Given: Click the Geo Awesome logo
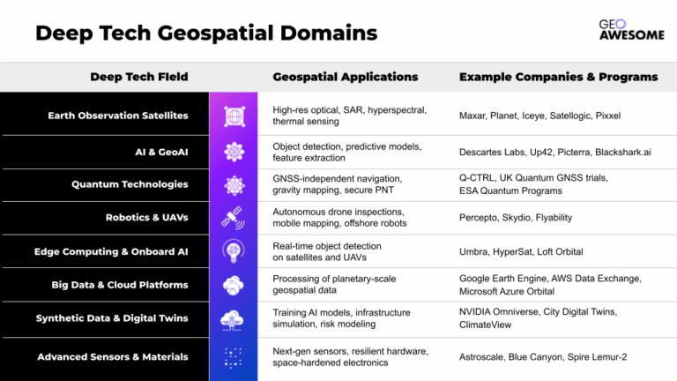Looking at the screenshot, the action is (x=632, y=30).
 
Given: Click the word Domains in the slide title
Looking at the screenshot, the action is (x=329, y=34).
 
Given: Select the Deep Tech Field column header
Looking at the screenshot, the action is (x=139, y=77).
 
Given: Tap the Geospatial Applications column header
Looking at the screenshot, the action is (x=346, y=77).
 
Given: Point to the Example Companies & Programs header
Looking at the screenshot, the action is (x=558, y=77).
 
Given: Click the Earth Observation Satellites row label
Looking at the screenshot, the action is (x=118, y=116).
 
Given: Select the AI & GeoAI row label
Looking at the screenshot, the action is (x=161, y=152).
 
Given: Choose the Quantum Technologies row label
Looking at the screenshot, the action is (x=130, y=184).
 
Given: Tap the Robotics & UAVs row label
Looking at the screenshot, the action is (x=147, y=217).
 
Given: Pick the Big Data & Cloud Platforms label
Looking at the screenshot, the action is (x=120, y=285).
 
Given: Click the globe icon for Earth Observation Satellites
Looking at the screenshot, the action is (x=234, y=116).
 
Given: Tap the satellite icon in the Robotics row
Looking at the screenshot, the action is (x=233, y=218).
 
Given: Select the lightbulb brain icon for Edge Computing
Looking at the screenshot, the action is (x=233, y=251).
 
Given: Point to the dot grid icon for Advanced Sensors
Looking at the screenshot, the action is (x=233, y=358).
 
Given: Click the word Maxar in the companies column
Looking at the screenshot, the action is (x=472, y=116).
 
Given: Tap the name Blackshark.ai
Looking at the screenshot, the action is (x=622, y=152).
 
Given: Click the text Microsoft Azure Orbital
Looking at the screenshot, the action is (x=507, y=292).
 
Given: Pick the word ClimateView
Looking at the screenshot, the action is (x=485, y=325).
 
